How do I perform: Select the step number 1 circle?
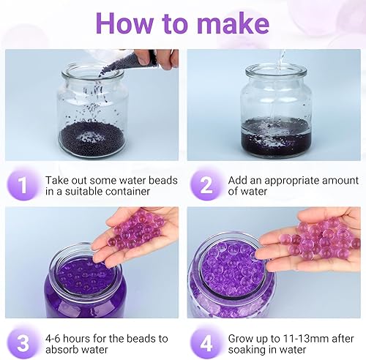(x=22, y=186)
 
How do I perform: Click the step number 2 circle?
(x=206, y=186)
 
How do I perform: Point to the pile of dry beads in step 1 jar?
(x=92, y=136)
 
